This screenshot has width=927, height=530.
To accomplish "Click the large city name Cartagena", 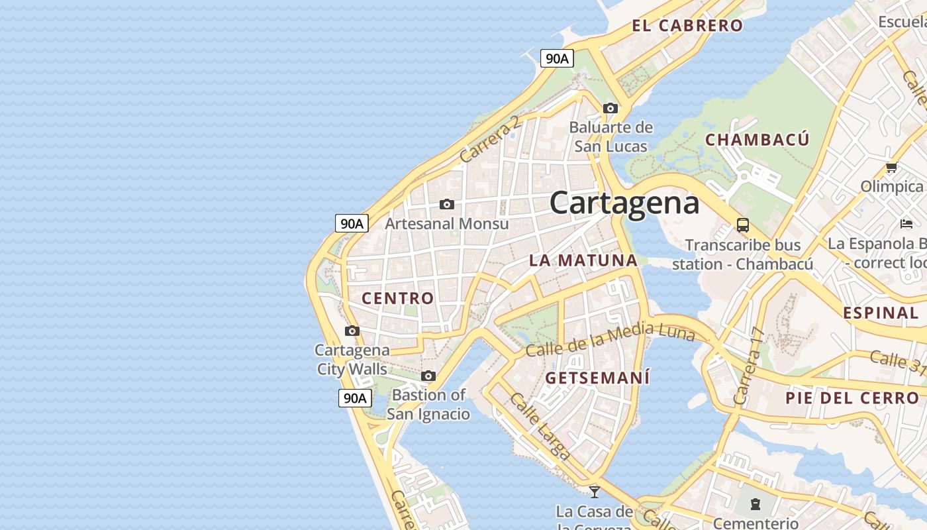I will click(x=624, y=203).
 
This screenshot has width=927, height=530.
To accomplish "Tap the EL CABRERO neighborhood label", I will click(x=687, y=26).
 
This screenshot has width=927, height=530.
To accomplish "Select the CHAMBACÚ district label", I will click(x=757, y=140).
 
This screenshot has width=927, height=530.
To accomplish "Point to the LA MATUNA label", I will click(x=583, y=260).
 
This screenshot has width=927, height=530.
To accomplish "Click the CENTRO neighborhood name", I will click(x=397, y=298).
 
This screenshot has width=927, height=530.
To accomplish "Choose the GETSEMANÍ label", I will click(x=597, y=378).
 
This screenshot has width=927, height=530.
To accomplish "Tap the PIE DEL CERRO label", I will click(x=852, y=398).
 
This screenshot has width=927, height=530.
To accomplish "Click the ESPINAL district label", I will click(x=881, y=313).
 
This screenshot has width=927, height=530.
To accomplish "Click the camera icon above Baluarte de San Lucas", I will click(x=610, y=108).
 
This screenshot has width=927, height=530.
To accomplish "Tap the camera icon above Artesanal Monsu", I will click(x=447, y=204).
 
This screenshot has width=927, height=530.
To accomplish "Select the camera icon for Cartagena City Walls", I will click(x=352, y=331).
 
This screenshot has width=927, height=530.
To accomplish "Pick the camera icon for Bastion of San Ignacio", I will click(x=428, y=376).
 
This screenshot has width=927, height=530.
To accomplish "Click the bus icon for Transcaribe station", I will click(x=742, y=225).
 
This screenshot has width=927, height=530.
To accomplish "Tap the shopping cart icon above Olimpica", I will click(x=891, y=168).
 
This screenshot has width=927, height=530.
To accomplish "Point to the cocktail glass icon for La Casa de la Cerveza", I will click(x=595, y=492).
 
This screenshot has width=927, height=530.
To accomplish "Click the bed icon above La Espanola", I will click(x=906, y=224).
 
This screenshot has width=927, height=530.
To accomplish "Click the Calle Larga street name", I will click(x=540, y=426).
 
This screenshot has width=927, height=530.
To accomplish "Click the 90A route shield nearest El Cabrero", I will click(x=557, y=59).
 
